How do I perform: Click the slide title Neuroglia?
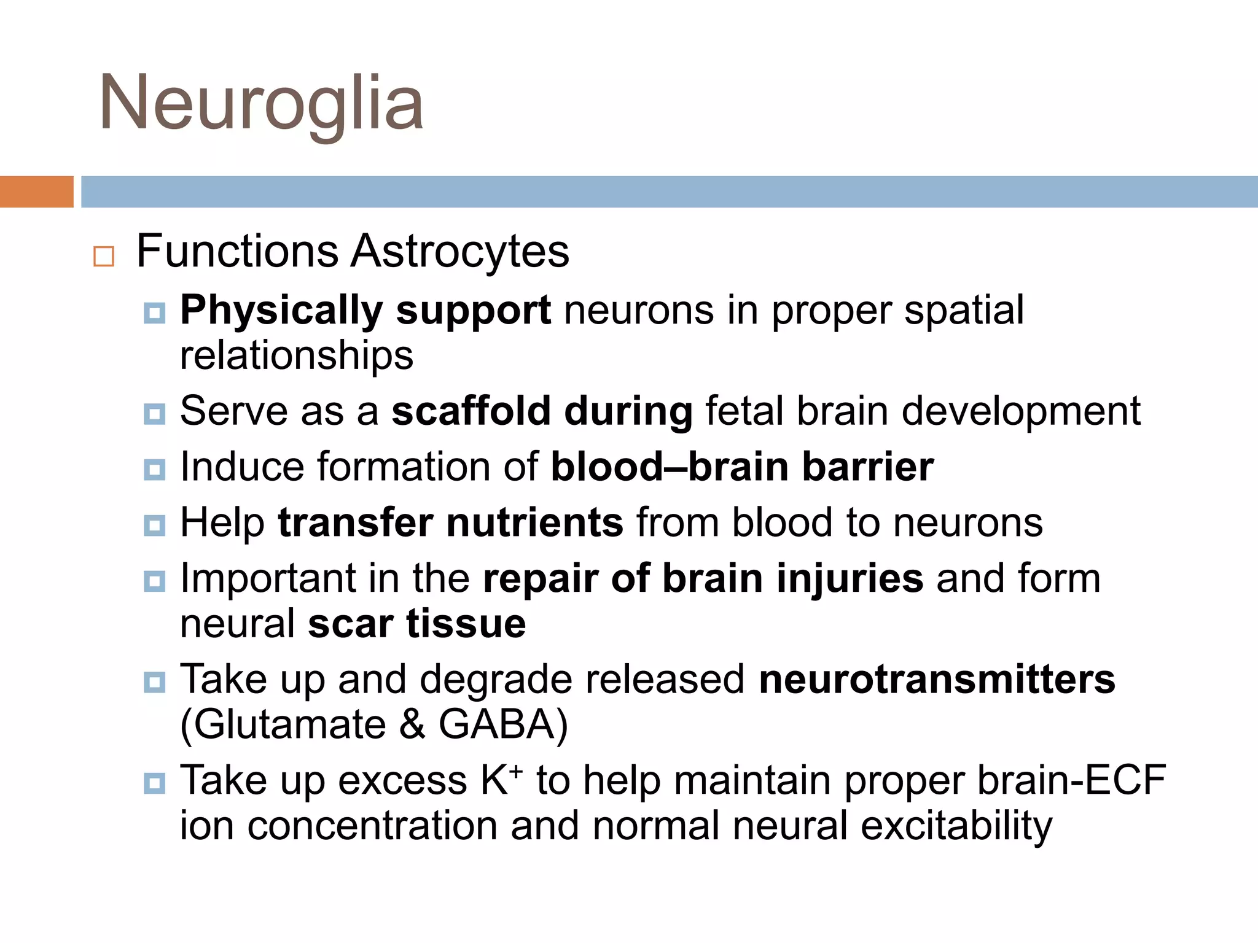261,103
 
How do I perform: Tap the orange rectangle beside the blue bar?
36,192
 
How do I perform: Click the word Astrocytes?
460,251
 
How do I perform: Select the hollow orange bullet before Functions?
104,256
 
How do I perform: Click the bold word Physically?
281,311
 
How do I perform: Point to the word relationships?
297,355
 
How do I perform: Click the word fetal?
744,411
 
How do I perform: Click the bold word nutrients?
534,523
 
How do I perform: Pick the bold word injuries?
850,579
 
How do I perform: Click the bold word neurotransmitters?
937,680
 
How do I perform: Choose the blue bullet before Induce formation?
154,470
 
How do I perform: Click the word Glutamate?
289,724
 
